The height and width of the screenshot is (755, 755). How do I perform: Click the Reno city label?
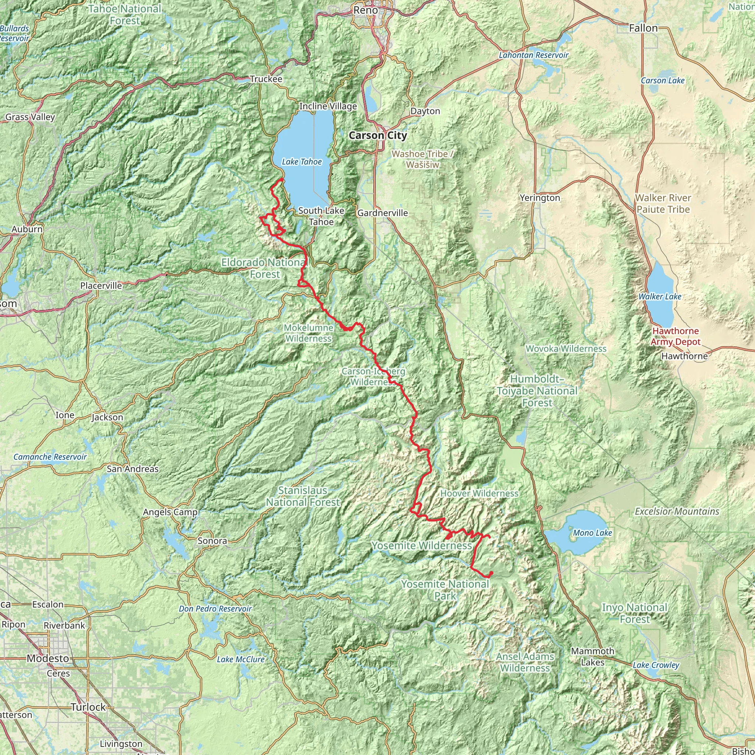[x=365, y=10]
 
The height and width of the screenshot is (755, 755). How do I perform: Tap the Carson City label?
[x=377, y=136]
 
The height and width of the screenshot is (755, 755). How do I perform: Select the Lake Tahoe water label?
[x=302, y=162]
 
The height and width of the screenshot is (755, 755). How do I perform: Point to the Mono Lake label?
[x=592, y=533]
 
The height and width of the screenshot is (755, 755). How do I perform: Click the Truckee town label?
[x=266, y=79]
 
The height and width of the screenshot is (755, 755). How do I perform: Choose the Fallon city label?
[x=643, y=28]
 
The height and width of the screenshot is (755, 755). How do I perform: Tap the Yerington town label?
[x=540, y=198]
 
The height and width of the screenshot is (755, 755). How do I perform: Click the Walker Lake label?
[x=660, y=297]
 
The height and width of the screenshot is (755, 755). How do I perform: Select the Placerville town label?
[x=101, y=286]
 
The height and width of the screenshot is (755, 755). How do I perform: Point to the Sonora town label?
[x=212, y=541]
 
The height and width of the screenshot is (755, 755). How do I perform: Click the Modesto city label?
[x=48, y=658]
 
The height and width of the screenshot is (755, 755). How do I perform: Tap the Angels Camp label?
[x=170, y=512]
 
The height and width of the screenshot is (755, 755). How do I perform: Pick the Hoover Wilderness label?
[x=479, y=494]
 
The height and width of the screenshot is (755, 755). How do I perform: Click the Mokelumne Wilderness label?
[x=308, y=333]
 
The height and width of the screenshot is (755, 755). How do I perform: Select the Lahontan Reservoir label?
[x=533, y=55]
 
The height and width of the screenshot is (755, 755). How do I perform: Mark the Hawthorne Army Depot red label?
[x=675, y=337]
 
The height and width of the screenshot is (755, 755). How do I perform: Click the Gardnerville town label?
[x=382, y=213]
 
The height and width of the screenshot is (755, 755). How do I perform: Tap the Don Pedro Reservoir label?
[x=215, y=609]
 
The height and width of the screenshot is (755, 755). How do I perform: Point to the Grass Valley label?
[x=30, y=117]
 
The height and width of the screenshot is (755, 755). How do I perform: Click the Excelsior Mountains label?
[x=677, y=512]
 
